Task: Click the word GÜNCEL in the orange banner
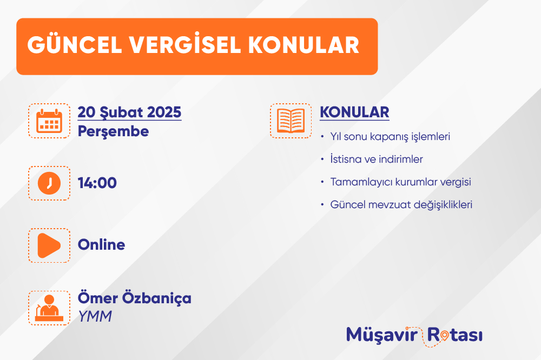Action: (x=75, y=44)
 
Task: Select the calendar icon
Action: (x=49, y=121)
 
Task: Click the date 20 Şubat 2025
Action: (x=129, y=113)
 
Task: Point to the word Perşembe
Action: (x=113, y=132)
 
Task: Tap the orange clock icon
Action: (x=49, y=183)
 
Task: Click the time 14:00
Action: (x=97, y=183)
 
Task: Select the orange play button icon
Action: (x=49, y=245)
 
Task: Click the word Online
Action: (x=102, y=245)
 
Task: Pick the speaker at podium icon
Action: (x=49, y=308)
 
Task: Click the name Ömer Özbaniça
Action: (x=135, y=298)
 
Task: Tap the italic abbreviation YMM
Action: (x=95, y=317)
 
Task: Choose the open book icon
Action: (x=291, y=121)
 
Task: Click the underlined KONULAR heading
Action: (x=355, y=113)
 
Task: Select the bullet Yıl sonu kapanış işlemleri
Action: (x=390, y=137)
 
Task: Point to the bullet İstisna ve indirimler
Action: (x=377, y=159)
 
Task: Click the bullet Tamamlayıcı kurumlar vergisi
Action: (x=400, y=182)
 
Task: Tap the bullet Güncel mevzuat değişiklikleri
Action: (x=401, y=205)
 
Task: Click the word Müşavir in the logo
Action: (x=382, y=335)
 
